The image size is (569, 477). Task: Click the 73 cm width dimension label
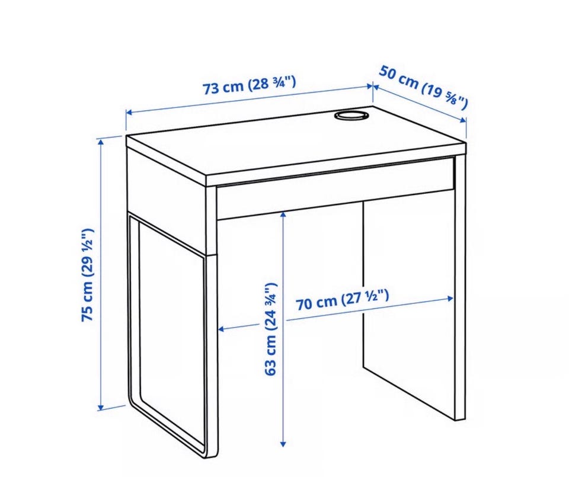(249, 85)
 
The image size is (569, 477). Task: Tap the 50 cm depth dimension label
(423, 87)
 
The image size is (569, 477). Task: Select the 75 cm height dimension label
(88, 274)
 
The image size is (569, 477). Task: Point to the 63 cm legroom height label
(271, 329)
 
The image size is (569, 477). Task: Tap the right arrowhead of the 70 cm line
(450, 299)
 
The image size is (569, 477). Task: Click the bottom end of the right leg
(460, 419)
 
